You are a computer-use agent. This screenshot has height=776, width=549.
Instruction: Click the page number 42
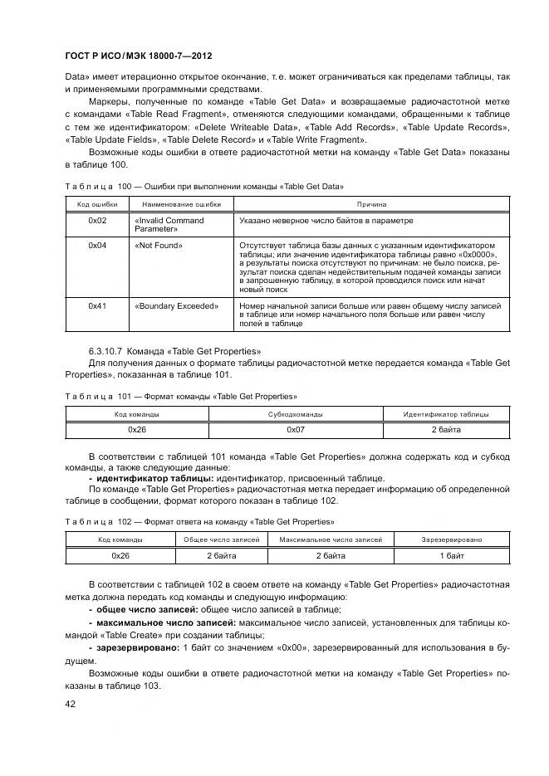coord(71,704)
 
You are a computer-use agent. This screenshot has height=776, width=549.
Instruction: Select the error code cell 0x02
coord(97,221)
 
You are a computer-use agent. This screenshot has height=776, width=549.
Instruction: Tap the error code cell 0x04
coord(97,246)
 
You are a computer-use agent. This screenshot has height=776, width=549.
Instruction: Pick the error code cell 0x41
coord(97,306)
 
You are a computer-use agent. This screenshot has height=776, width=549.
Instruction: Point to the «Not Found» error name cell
coord(158,246)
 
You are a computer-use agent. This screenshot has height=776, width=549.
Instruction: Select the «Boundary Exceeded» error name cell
coord(175,306)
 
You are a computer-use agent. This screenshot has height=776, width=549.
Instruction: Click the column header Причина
coord(371,203)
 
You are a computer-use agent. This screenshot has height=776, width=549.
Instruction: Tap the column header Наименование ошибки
coord(181,203)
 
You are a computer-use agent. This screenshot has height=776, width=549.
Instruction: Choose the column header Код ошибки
coord(96,203)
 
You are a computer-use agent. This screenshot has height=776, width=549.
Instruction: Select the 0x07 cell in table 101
coord(296,430)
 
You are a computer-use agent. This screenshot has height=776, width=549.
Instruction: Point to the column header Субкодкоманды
coord(296,413)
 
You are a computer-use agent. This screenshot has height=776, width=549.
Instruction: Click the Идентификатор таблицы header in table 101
coord(445,413)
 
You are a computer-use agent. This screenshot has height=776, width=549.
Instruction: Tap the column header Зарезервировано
coord(452,539)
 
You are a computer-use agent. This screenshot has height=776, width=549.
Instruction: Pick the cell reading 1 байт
coord(452,555)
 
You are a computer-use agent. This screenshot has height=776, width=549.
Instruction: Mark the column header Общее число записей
coord(221,539)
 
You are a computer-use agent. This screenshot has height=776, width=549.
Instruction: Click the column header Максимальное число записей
coord(331,539)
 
